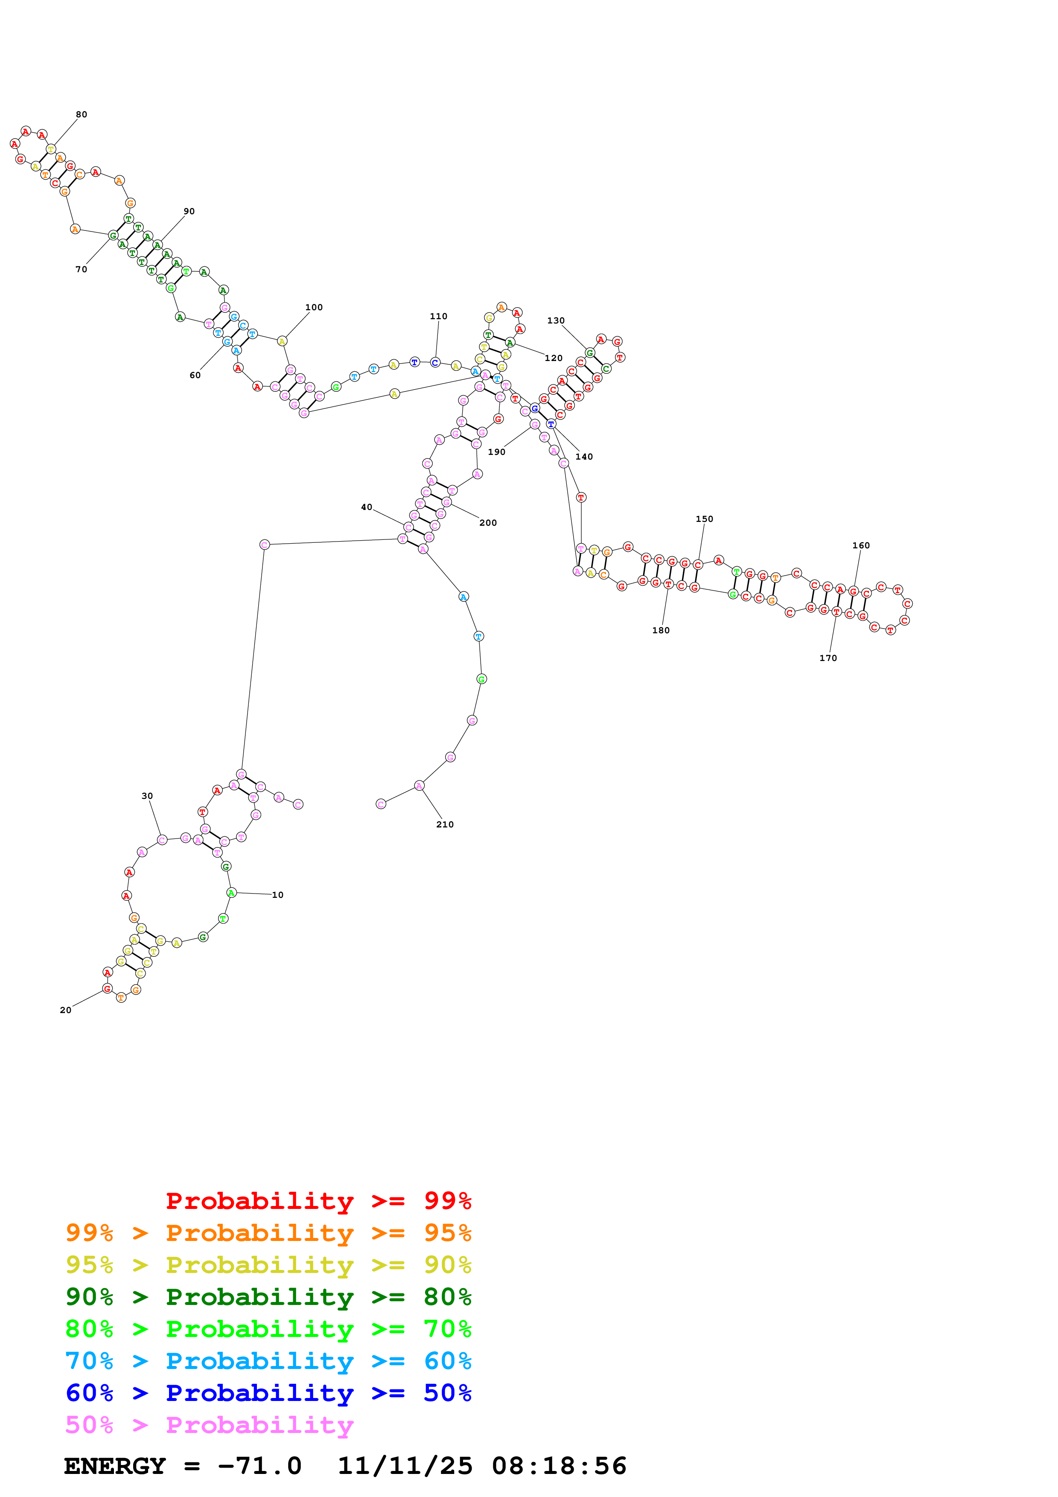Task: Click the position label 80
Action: [82, 115]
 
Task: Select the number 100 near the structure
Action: [314, 308]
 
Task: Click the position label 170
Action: [828, 658]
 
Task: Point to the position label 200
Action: [488, 523]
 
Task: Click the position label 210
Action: [445, 825]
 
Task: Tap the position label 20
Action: [66, 1011]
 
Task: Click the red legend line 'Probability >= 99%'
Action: [318, 1201]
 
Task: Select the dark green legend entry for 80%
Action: [268, 1297]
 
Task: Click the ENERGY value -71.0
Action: [259, 1466]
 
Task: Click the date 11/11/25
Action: [405, 1466]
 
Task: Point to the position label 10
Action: [278, 895]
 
